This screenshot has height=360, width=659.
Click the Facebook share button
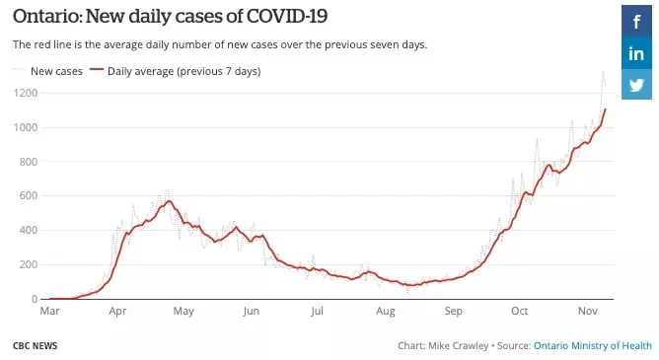coord(636,21)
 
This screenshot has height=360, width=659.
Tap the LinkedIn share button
coord(636,53)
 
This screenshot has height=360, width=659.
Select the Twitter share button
coord(636,85)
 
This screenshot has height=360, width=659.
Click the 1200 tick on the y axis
coord(26,93)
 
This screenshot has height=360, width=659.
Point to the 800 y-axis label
coord(29,162)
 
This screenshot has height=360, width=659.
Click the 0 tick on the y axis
coord(35,299)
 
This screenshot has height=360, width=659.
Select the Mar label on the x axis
coord(49,311)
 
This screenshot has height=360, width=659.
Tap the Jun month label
coord(251,312)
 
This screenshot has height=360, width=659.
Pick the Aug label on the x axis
coord(386,312)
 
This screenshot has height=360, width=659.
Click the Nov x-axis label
coord(588,311)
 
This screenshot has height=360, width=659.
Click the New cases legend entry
coord(47,71)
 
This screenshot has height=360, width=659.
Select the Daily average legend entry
coord(176,71)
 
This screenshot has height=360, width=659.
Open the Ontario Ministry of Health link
coord(593,346)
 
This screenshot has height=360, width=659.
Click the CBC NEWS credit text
coord(35,346)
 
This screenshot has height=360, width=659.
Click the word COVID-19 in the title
coord(287,17)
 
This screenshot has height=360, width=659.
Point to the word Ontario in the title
coord(48,17)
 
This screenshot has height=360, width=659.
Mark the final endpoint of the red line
coord(605,109)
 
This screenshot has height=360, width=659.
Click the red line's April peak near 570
coord(169,201)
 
